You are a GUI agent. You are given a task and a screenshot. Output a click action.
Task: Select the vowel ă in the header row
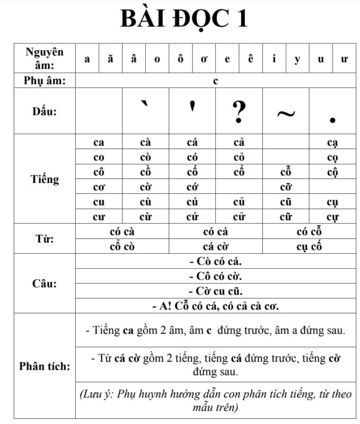coord(110,59)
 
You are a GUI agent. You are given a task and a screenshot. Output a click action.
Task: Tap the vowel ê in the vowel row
coord(250,59)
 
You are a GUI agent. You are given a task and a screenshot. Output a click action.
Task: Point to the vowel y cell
coord(297,59)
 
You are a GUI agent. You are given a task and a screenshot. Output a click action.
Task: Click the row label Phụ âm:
coord(45,81)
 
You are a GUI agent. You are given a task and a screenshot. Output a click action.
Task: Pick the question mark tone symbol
coord(239,111)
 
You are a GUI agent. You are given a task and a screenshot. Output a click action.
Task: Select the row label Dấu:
coord(45,111)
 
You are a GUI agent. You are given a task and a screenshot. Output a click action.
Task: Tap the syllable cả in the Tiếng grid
coord(239,143)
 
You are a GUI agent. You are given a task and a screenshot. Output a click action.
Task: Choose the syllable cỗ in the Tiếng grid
coord(286,172)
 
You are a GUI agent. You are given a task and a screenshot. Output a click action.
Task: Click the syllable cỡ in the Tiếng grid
coord(286,187)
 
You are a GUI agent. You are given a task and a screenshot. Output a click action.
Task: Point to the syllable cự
coord(332,217)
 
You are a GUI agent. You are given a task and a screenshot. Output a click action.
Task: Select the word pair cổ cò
coord(122,246)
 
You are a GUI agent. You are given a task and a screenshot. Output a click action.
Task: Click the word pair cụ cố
coord(309,246)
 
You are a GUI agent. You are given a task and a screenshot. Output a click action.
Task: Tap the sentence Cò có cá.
coord(215,261)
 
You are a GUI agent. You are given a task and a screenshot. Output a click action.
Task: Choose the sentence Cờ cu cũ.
coord(215,291)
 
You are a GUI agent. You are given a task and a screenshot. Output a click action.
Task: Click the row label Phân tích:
coord(45,366)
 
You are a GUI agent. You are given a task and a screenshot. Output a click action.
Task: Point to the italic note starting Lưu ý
coord(215,401)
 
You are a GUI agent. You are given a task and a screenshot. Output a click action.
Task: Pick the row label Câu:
coord(45,284)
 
